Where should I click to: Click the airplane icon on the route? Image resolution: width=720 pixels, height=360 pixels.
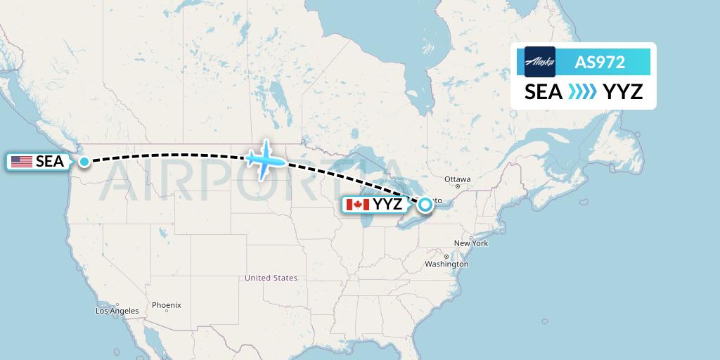click(266, 160)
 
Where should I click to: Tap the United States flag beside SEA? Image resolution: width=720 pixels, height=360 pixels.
click(22, 162)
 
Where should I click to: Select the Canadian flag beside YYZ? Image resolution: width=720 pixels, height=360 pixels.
click(358, 205)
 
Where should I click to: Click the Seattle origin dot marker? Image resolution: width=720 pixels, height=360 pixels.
click(84, 162)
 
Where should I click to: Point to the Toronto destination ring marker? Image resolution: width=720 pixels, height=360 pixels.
click(425, 205)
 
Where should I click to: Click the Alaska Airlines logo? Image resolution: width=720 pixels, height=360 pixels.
click(540, 62)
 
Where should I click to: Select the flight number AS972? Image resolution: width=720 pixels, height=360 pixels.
click(600, 62)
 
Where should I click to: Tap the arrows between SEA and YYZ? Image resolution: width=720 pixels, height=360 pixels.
click(582, 91)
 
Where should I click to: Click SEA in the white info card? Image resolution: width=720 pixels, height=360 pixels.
click(544, 91)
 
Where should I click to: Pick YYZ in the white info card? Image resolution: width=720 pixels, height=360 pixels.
click(623, 91)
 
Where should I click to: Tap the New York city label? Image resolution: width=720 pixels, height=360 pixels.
click(470, 243)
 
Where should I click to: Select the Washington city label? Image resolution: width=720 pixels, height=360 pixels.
click(446, 264)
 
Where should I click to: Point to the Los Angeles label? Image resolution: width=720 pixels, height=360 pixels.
click(117, 311)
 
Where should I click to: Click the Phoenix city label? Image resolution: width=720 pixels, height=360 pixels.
click(167, 305)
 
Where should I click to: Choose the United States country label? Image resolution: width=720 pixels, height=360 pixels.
click(271, 278)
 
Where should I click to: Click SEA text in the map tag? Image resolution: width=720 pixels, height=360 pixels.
click(50, 162)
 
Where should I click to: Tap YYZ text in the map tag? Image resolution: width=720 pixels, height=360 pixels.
click(388, 205)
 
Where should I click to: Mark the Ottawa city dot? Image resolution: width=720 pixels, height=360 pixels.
click(458, 186)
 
